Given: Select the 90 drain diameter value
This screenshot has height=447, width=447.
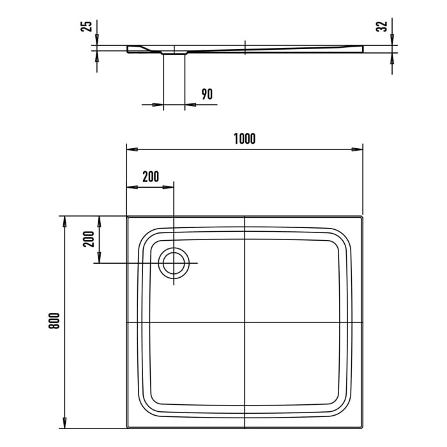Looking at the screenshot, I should pos(206,95).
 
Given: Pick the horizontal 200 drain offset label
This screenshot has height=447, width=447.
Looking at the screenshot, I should pos(150,177).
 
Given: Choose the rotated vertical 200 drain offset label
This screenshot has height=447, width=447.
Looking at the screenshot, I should pos(89,239).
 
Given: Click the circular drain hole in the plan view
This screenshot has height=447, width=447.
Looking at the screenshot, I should pos(173,263).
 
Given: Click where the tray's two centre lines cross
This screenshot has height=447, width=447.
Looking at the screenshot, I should pos(245,322).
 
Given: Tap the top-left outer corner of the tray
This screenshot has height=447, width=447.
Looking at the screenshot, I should pos(128,216).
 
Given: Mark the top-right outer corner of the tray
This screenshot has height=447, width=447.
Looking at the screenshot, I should pos(363,216).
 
